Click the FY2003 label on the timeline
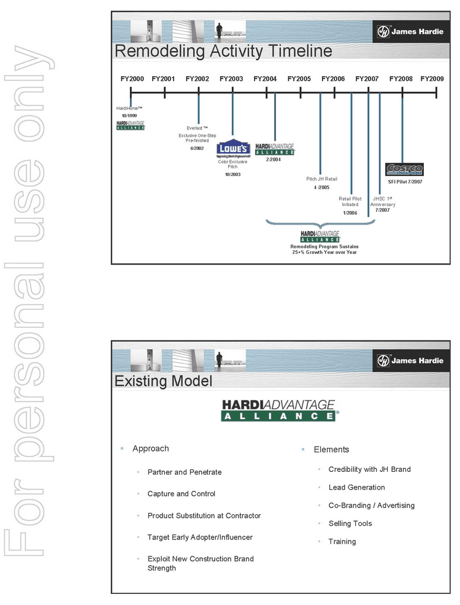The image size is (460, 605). click(x=231, y=79)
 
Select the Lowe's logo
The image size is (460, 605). click(x=232, y=150)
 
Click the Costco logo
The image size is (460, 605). click(x=404, y=169)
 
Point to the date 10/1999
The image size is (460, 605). click(x=129, y=115)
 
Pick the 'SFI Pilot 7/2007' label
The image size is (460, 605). click(x=405, y=182)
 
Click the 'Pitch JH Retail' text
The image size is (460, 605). click(x=322, y=179)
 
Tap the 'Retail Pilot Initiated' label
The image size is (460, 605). click(x=350, y=201)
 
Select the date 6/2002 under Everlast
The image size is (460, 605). click(x=197, y=148)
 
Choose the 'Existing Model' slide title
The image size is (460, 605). click(x=163, y=381)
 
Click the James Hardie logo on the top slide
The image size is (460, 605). click(x=410, y=31)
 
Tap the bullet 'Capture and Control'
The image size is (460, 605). click(x=181, y=493)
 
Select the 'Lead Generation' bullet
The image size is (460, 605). click(x=356, y=487)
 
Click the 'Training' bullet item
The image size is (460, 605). click(x=342, y=541)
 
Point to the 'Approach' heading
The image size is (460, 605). click(x=150, y=449)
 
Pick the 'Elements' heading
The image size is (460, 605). click(x=331, y=449)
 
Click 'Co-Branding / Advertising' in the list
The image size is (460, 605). click(x=371, y=505)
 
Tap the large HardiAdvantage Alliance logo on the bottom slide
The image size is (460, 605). click(x=278, y=410)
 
